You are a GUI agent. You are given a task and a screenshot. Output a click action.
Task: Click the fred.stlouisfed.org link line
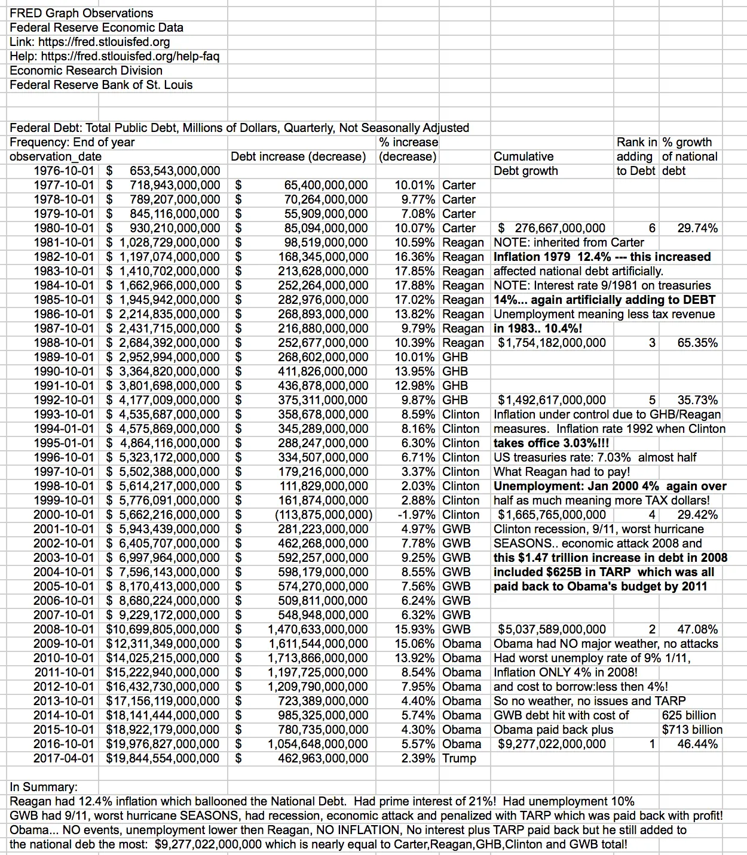pos(90,42)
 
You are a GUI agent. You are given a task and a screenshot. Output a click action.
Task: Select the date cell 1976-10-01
pos(63,171)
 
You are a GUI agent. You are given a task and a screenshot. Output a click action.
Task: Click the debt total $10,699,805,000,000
pos(163,629)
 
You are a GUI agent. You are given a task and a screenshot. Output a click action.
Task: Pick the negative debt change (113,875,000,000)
pos(323,515)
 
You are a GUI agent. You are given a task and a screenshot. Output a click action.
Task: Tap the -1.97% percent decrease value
pos(417,515)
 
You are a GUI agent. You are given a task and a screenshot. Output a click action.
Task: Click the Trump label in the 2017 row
pos(459,758)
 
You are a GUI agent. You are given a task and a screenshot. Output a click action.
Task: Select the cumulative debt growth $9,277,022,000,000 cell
pos(552,744)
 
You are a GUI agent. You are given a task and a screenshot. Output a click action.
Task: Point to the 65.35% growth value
pos(697,343)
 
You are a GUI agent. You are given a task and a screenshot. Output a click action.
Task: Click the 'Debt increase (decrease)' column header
pos(298,156)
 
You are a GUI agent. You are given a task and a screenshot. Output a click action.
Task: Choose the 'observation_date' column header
pos(56,156)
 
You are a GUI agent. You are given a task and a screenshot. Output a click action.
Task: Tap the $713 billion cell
pos(692,730)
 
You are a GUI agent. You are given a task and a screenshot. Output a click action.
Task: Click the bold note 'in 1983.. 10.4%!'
pos(538,328)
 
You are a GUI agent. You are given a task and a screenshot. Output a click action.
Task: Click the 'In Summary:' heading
pos(44,787)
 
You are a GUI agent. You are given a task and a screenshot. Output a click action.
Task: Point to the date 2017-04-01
pos(63,758)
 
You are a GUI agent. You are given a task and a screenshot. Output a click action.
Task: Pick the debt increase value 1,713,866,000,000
pos(317,658)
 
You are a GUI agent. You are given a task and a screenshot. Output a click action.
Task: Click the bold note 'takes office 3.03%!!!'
pos(552,443)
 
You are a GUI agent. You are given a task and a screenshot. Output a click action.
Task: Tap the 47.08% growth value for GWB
pos(697,629)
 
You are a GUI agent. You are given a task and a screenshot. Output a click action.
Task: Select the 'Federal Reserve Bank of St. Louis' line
pos(101,85)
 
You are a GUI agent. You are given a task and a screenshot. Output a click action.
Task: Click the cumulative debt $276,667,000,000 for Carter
pos(552,228)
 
